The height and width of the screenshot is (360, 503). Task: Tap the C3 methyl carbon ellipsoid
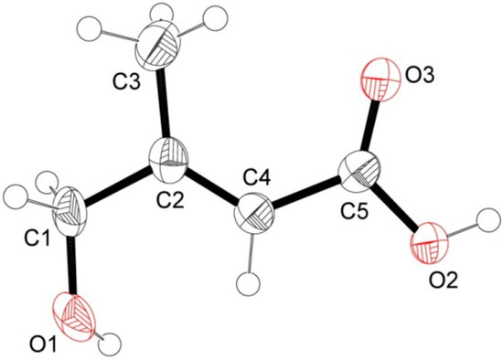click(x=161, y=40)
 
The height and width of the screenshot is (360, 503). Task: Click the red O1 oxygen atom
click(x=77, y=316)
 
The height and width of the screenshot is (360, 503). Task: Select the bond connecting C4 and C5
click(x=307, y=194)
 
